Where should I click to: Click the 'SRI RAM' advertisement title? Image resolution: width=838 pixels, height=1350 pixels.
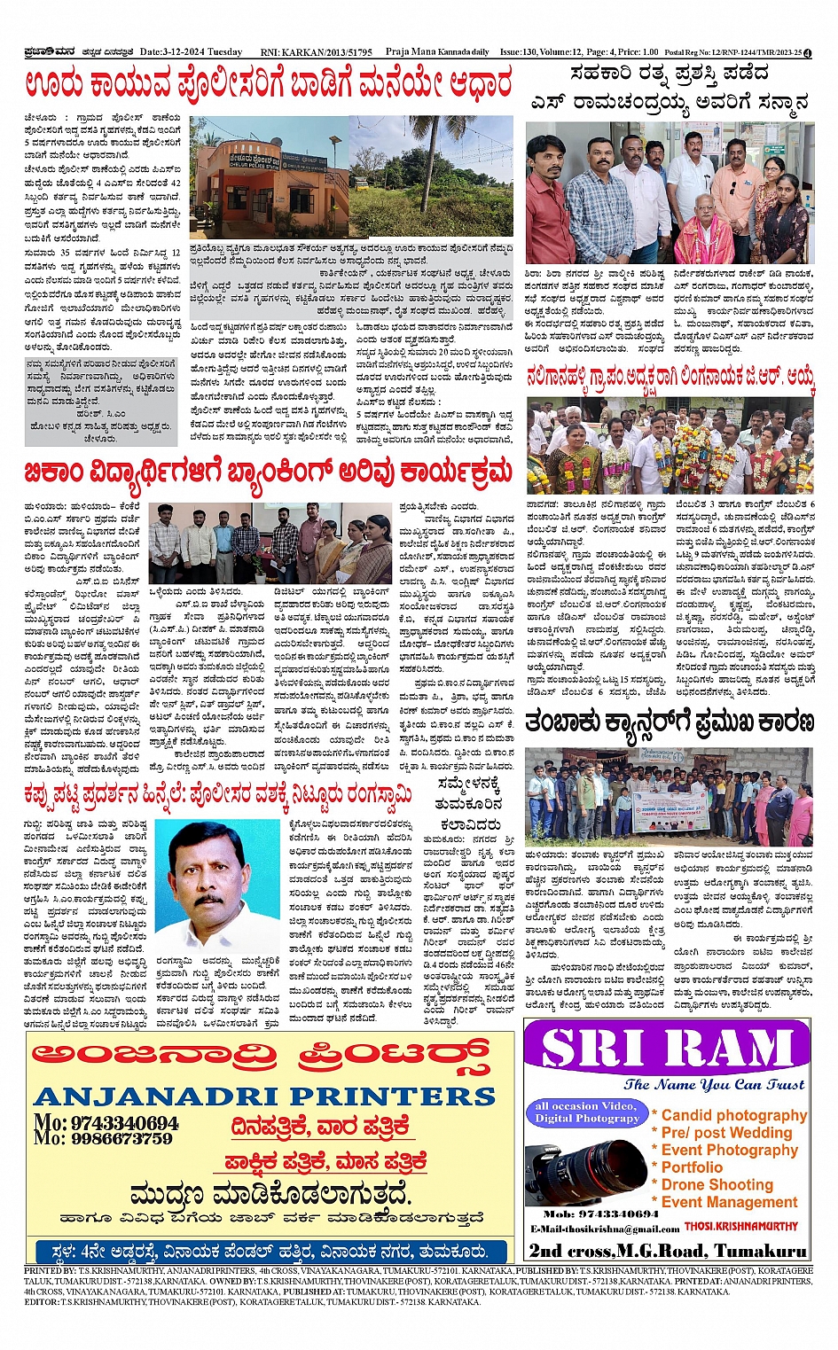(x=667, y=1049)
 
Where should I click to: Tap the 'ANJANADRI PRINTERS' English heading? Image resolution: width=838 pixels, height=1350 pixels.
(x=264, y=1096)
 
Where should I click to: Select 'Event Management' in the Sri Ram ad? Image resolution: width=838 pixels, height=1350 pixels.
(x=729, y=1202)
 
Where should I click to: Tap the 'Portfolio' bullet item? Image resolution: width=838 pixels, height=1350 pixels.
(x=692, y=1167)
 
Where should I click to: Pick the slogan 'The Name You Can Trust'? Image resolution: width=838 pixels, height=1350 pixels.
(x=714, y=1084)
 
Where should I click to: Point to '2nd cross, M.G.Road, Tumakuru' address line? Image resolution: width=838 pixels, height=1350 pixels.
(x=667, y=1250)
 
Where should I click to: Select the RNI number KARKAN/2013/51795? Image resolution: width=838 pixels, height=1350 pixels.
(x=317, y=53)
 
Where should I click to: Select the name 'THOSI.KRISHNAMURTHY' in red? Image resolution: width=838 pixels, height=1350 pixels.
(x=740, y=1227)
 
